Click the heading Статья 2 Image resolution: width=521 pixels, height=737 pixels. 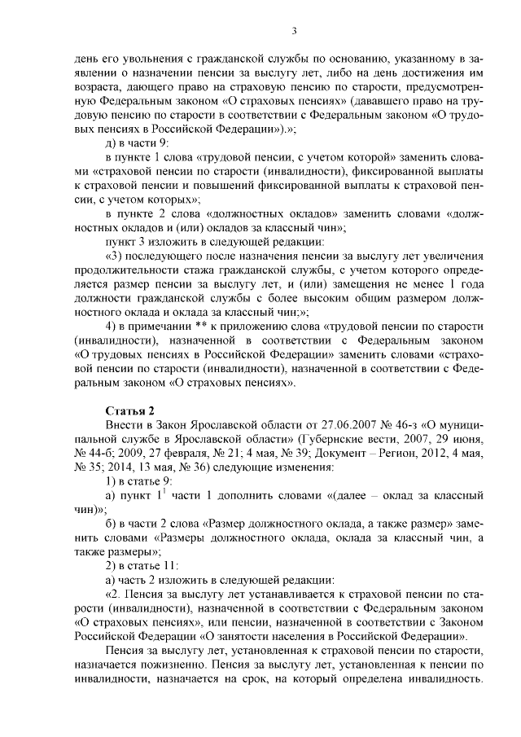(x=129, y=409)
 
